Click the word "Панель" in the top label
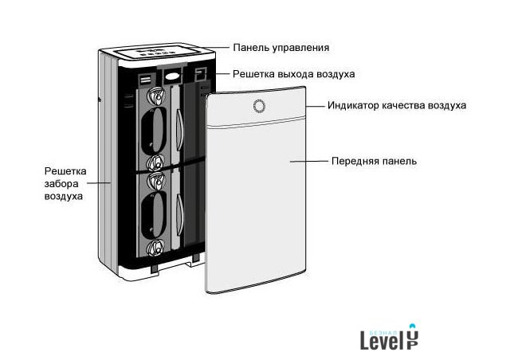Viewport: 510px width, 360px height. point(251,48)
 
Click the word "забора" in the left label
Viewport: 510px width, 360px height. point(61,183)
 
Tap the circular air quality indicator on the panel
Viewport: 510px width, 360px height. point(259,105)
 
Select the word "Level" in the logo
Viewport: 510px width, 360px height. point(381,339)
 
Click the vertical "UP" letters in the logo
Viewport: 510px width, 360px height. point(412,340)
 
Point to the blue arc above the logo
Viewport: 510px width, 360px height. point(412,326)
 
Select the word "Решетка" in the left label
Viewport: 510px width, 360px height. point(63,171)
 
